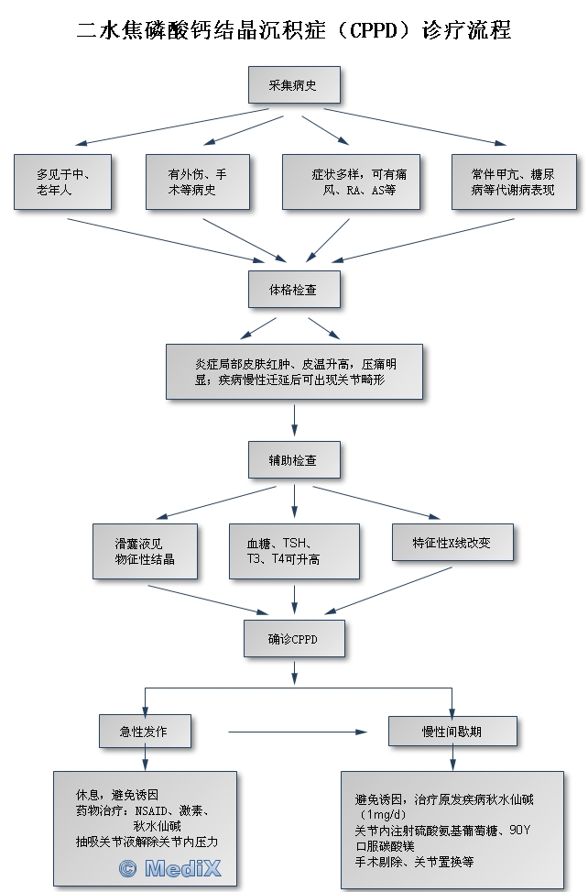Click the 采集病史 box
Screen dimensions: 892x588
click(294, 85)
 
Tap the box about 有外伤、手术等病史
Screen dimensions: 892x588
click(197, 182)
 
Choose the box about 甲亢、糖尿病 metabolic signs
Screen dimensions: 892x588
click(511, 182)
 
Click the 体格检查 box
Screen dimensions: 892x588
click(294, 289)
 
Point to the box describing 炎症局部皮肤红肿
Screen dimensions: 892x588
click(294, 371)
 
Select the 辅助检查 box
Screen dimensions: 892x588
click(294, 459)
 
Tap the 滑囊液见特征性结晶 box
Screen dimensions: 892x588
click(145, 551)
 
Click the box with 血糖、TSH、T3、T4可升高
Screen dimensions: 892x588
click(280, 551)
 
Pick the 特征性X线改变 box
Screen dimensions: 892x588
click(452, 543)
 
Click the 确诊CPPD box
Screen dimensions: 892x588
click(294, 638)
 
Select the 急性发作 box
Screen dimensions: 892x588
click(145, 731)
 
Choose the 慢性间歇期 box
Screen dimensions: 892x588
click(452, 731)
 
